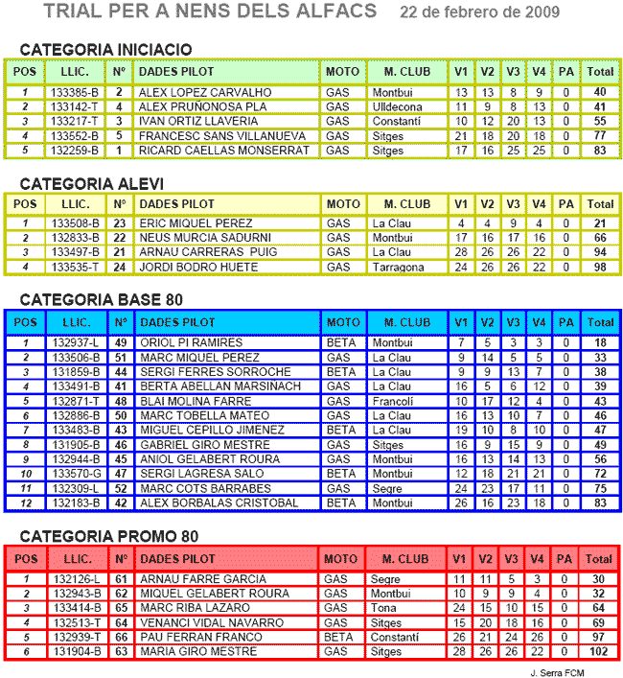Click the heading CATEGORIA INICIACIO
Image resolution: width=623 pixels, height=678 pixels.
tap(105, 50)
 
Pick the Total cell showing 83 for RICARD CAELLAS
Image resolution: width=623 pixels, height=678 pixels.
tap(600, 151)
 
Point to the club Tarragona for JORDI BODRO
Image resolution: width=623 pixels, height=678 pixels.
tap(399, 268)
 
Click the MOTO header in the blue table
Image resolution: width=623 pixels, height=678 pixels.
tap(342, 322)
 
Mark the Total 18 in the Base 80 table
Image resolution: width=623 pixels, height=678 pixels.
tap(600, 342)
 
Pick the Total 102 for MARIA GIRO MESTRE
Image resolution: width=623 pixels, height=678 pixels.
tap(600, 652)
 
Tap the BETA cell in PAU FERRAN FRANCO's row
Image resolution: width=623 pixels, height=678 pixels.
tap(338, 637)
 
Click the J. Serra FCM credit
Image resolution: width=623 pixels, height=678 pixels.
tap(556, 671)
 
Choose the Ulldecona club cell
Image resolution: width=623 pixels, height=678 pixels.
tap(397, 106)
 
